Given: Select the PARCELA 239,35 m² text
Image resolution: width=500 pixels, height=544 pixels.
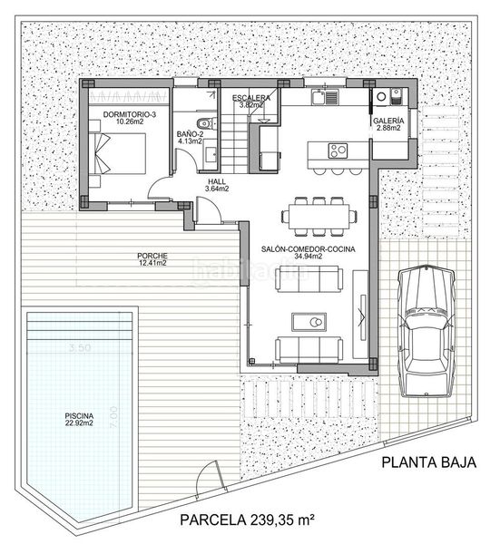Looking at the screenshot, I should (246, 520).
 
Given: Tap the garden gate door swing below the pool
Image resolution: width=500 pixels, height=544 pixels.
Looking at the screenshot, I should (211, 474).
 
